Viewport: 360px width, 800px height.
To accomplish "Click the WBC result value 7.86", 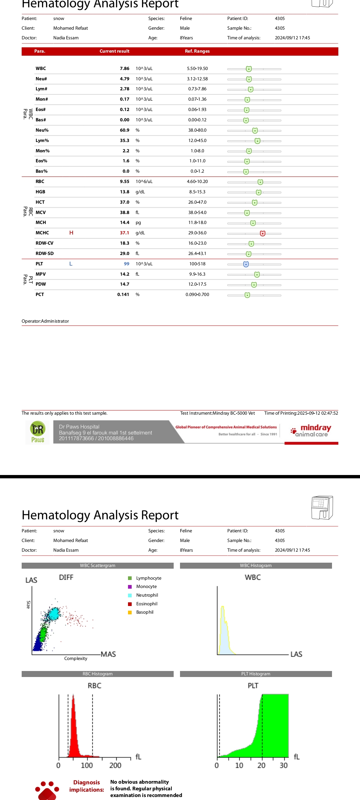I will click(x=124, y=69).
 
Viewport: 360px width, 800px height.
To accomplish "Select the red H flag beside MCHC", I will click(x=71, y=233).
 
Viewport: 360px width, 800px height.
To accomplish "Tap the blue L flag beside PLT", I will click(x=71, y=264).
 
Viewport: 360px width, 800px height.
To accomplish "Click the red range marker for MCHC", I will click(x=263, y=233).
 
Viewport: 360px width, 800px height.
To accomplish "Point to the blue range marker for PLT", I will click(x=246, y=264).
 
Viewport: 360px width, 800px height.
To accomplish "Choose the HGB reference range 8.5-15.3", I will click(x=197, y=192).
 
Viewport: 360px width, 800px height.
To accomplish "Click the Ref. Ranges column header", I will click(x=197, y=51).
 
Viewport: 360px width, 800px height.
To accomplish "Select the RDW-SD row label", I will click(x=45, y=254).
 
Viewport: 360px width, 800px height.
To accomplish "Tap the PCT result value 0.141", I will click(x=123, y=295).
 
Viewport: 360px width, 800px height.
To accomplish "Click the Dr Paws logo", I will click(x=38, y=432).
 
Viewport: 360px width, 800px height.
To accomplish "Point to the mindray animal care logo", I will click(x=311, y=431).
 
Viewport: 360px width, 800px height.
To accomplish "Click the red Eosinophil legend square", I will click(x=130, y=604).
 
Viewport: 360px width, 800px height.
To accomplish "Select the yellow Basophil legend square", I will click(x=130, y=612).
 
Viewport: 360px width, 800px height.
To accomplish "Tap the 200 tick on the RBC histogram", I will click(x=115, y=765).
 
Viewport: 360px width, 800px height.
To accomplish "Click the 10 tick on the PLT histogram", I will click(x=239, y=765).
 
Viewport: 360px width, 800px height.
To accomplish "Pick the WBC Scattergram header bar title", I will click(x=98, y=566).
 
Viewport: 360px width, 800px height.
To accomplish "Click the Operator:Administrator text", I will click(x=45, y=321).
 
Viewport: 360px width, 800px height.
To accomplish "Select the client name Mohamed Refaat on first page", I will click(x=71, y=28).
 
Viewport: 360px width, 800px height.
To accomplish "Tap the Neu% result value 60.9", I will click(x=124, y=130).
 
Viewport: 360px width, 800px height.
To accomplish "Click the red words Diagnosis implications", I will click(x=86, y=786).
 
